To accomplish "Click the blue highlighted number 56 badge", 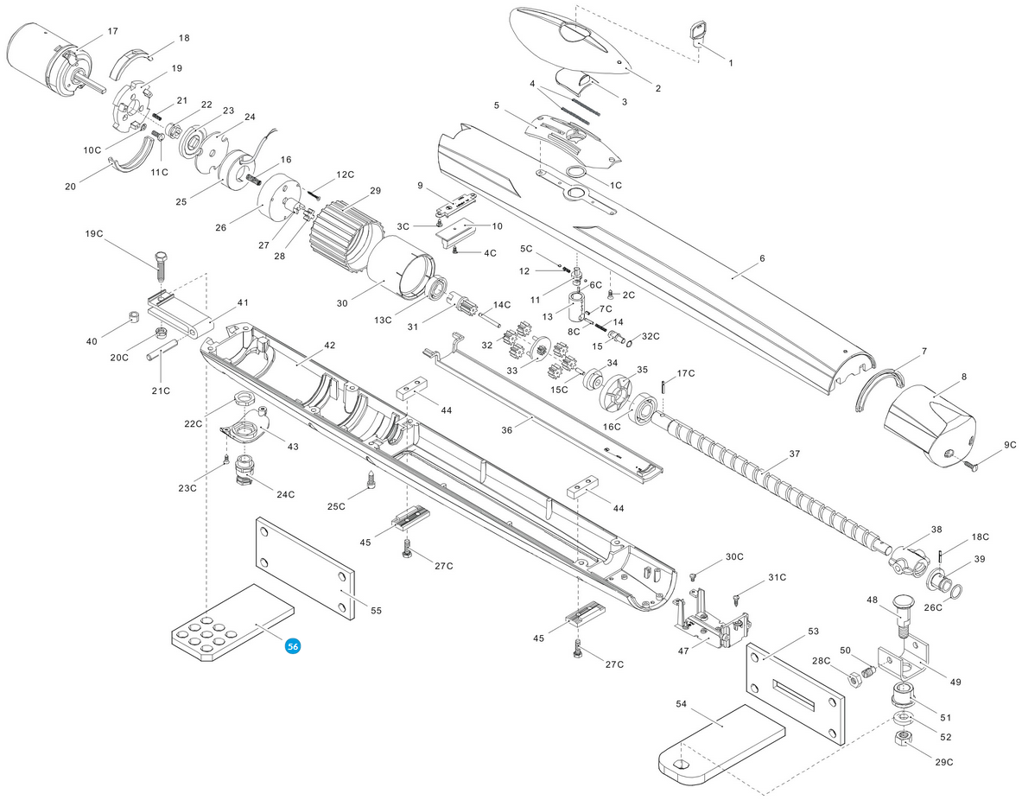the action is pyautogui.click(x=294, y=646).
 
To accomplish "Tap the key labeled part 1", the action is pyautogui.click(x=698, y=35).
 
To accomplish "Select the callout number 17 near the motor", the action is pyautogui.click(x=112, y=31).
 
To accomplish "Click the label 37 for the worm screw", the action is pyautogui.click(x=794, y=454).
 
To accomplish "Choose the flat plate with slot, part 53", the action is pyautogui.click(x=795, y=695).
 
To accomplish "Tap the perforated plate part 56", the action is pyautogui.click(x=232, y=623).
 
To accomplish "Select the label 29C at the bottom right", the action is pyautogui.click(x=943, y=761).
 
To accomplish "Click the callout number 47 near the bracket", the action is pyautogui.click(x=683, y=651).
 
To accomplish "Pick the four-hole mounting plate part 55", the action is pyautogui.click(x=305, y=568).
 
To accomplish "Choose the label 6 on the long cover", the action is pyautogui.click(x=762, y=258).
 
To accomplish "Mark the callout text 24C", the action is pyautogui.click(x=285, y=494).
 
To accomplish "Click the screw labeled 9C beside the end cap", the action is pyautogui.click(x=968, y=465).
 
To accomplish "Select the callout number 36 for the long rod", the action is pyautogui.click(x=506, y=429).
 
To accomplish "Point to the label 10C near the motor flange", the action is pyautogui.click(x=92, y=150).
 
